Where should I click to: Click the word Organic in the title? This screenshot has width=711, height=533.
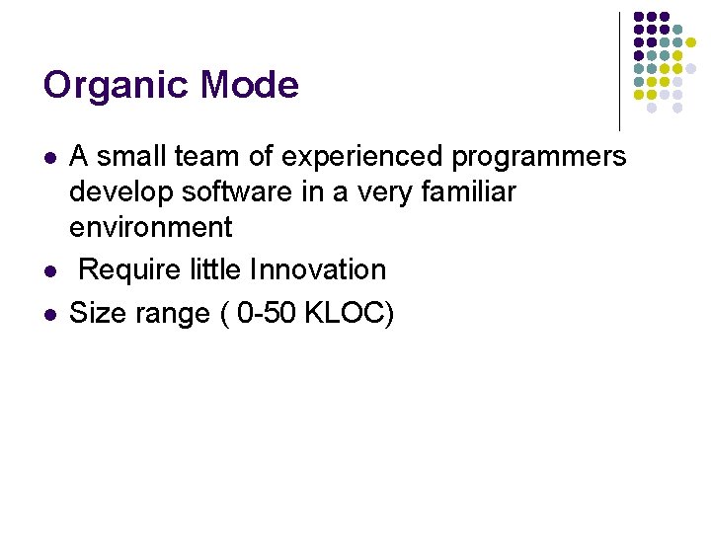coord(117,86)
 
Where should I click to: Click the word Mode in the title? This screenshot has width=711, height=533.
coord(249,85)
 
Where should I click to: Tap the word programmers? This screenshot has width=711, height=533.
coord(540,157)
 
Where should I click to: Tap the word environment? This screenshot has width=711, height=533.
coord(150,227)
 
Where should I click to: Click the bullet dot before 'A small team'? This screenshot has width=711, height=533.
coord(49,158)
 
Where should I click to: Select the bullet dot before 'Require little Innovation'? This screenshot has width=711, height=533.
coord(49,270)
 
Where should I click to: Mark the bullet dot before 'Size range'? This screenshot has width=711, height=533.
coord(49,315)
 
